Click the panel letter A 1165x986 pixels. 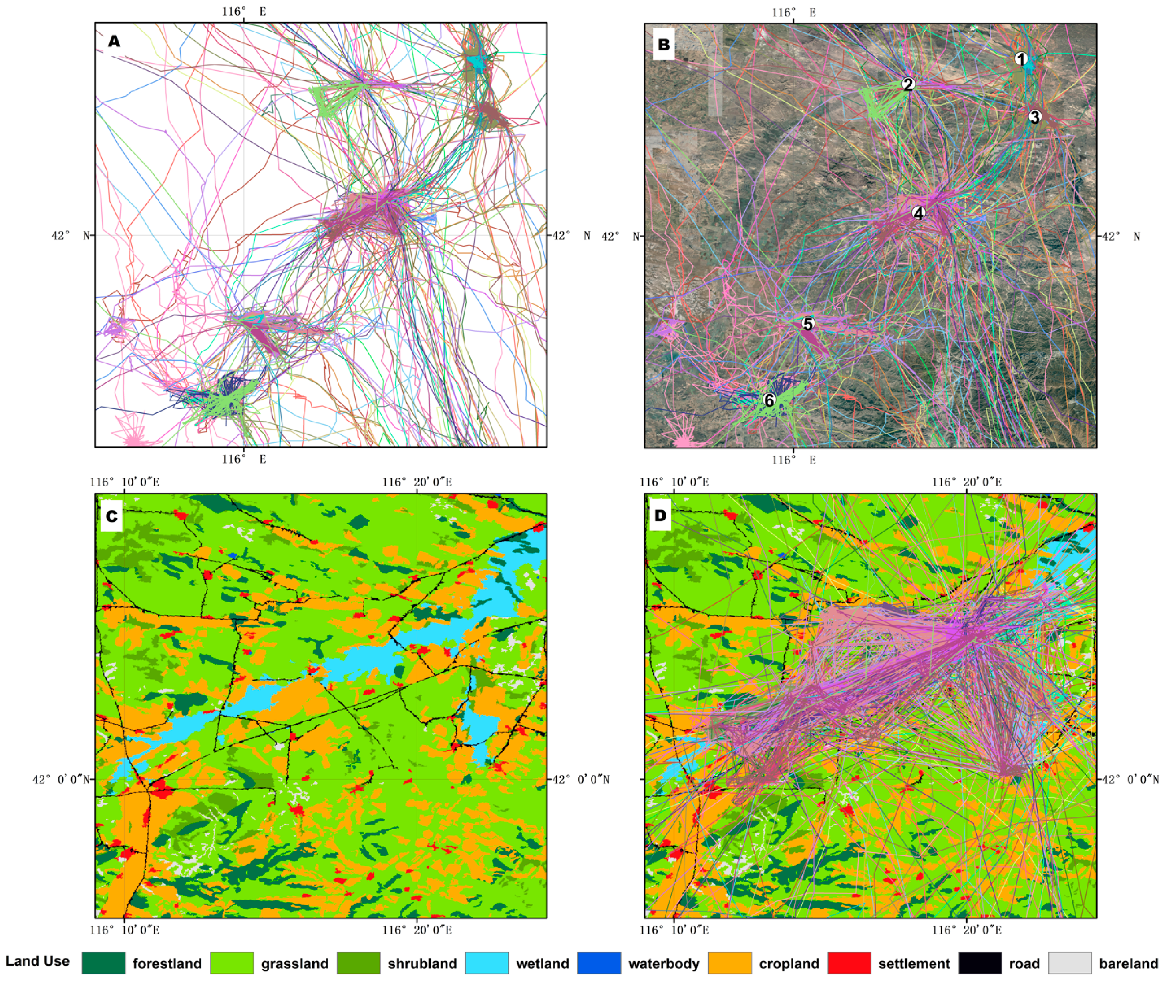pyautogui.click(x=114, y=41)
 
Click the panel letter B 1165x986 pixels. pyautogui.click(x=664, y=45)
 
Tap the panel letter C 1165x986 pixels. pyautogui.click(x=112, y=516)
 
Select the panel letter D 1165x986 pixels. pyautogui.click(x=661, y=515)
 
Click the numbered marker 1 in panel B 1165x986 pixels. pyautogui.click(x=1021, y=59)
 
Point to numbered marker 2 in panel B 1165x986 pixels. pyautogui.click(x=908, y=85)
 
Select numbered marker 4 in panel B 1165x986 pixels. pyautogui.click(x=918, y=213)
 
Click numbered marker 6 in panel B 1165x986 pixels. pyautogui.click(x=769, y=401)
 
